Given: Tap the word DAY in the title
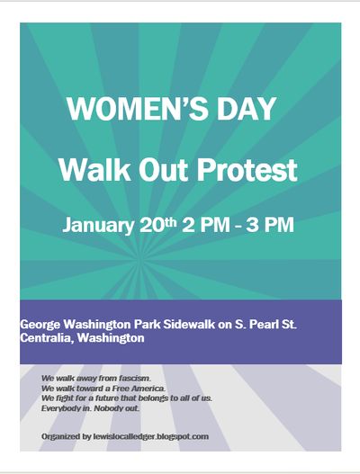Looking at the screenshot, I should click(x=241, y=110).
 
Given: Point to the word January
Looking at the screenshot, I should click(x=96, y=224).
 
